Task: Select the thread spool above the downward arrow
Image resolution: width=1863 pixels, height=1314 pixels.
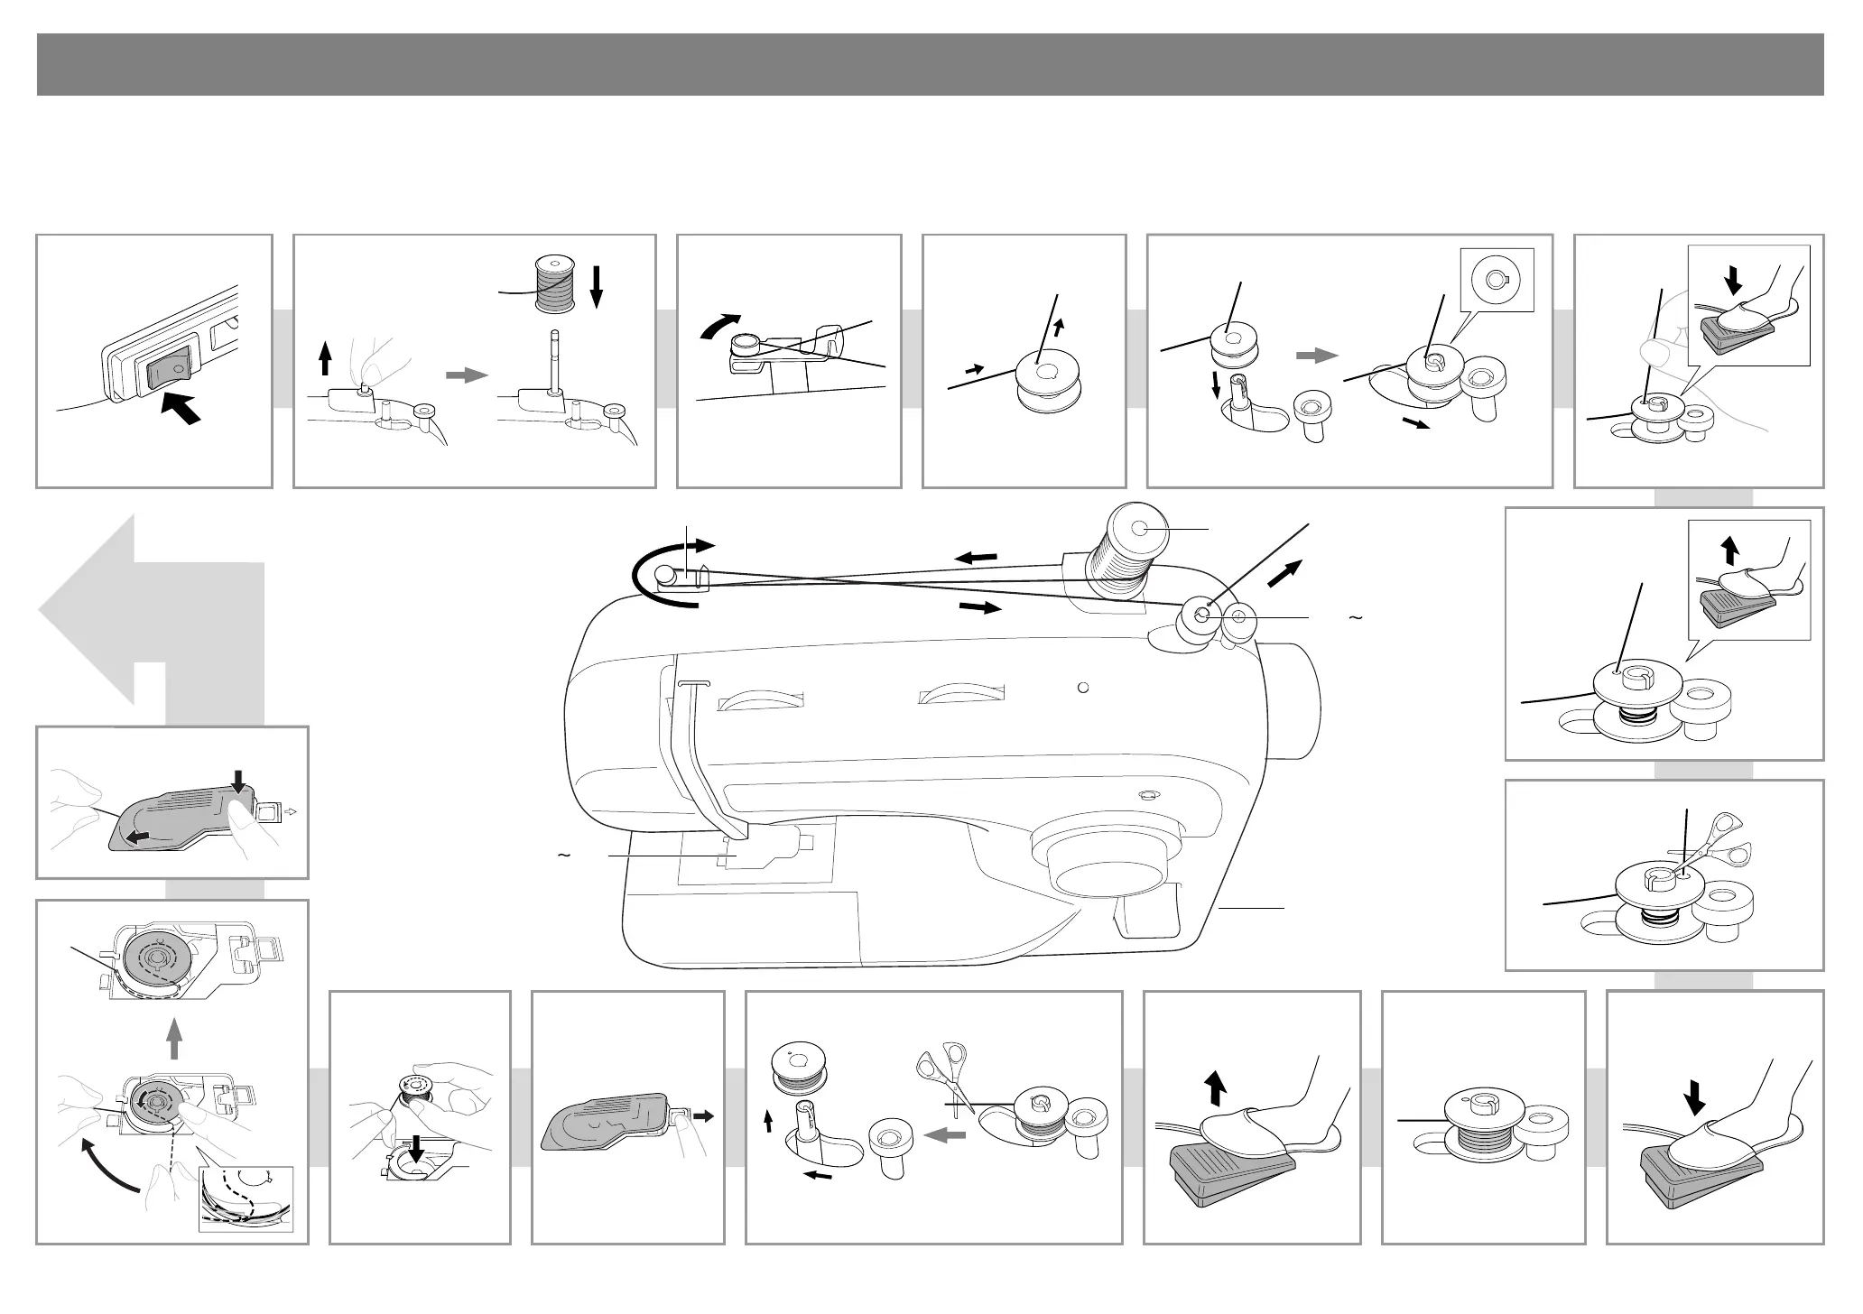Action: (x=553, y=285)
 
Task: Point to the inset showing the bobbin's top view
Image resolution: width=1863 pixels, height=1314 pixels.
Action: (x=1497, y=280)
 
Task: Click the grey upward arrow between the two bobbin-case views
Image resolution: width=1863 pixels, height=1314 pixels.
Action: (x=175, y=1037)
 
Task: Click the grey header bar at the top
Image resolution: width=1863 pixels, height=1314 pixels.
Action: (x=930, y=64)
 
